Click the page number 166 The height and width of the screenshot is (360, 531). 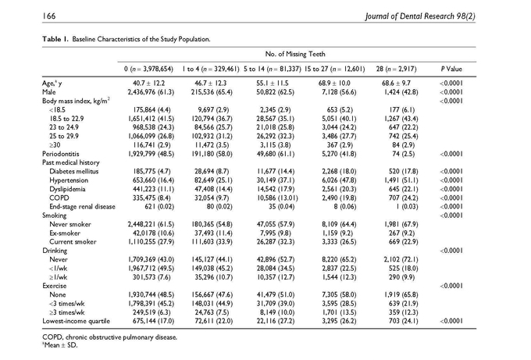tap(48, 16)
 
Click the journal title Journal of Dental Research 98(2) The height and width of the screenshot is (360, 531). tap(420, 16)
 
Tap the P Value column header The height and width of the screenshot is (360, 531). tap(451, 69)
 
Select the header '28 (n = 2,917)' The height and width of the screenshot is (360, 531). tap(396, 69)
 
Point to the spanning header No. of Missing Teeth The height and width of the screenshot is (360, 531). tap(295, 54)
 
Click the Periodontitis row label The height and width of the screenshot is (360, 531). tap(61, 154)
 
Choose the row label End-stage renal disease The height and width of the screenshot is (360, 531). tap(82, 207)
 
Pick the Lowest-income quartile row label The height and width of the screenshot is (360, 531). tap(77, 321)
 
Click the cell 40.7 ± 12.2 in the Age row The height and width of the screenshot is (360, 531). tap(149, 84)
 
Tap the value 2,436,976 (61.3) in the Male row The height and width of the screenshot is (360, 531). tap(151, 92)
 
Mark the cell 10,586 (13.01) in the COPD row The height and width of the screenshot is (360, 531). tap(277, 198)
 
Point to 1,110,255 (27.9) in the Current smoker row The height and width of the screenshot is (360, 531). tap(151, 242)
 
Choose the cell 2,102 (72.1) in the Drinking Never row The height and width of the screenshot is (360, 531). tap(401, 259)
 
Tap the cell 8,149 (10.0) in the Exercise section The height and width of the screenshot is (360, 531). tap(277, 312)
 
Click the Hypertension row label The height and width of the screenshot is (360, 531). tap(69, 180)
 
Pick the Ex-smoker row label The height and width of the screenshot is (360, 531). tap(65, 233)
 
